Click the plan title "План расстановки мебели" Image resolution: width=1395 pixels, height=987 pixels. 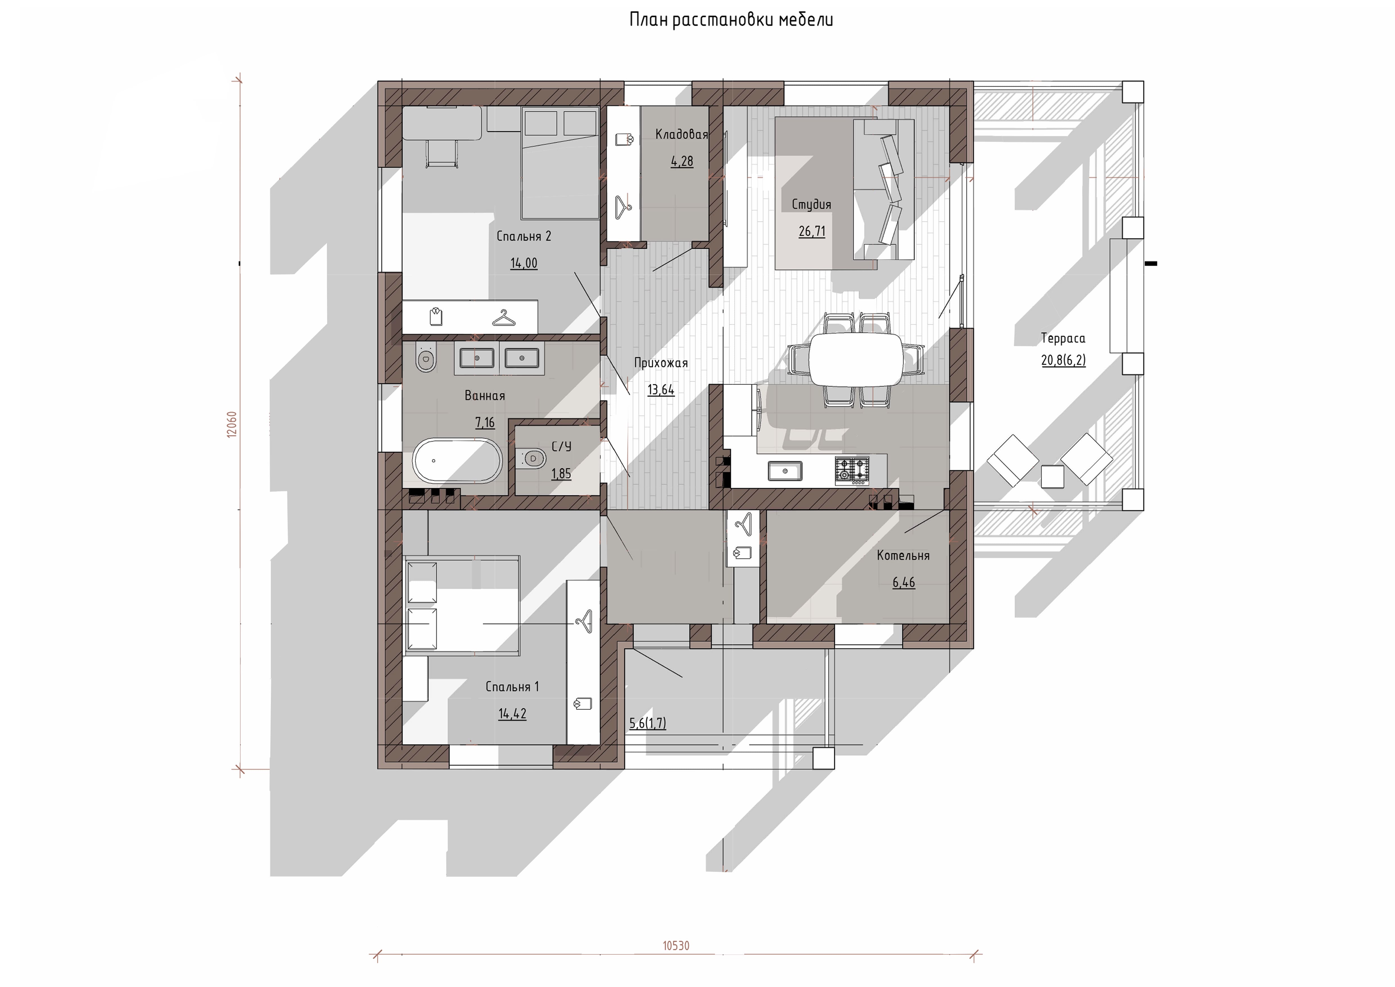[731, 20]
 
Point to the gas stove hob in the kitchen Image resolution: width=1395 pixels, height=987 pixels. [852, 470]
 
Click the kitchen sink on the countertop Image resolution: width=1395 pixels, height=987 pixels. [785, 471]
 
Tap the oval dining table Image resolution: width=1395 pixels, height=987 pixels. [857, 359]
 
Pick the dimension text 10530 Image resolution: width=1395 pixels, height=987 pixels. [676, 946]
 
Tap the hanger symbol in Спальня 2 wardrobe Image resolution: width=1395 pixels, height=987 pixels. [504, 318]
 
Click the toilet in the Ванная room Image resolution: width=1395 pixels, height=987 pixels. [426, 359]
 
